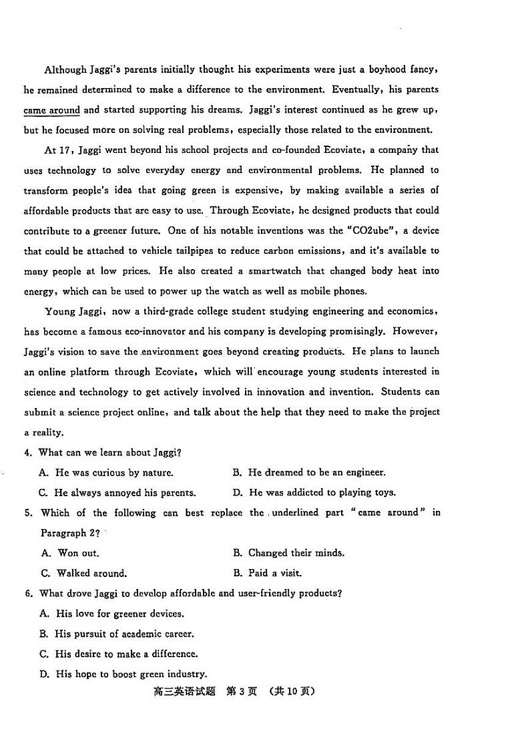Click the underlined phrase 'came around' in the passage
51,110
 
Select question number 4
28,453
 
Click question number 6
28,593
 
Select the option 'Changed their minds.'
296,553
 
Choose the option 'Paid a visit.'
275,573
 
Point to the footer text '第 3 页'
242,692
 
